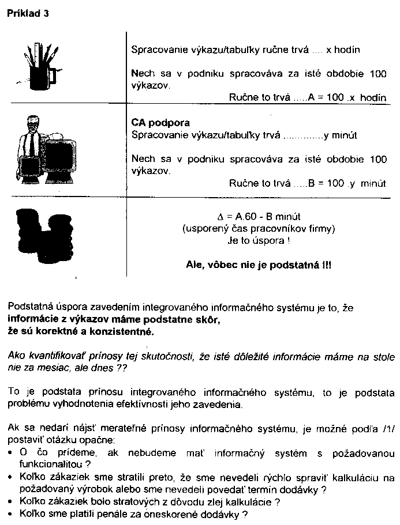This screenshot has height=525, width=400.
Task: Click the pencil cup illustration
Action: tap(43, 63)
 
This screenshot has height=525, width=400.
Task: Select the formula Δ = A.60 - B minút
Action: tap(258, 217)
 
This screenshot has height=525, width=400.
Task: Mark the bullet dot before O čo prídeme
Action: tap(12, 452)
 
